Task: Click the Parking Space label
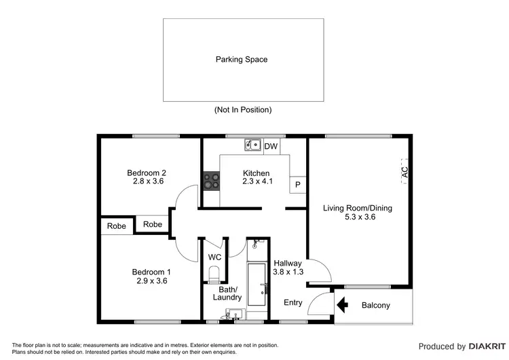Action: (242, 60)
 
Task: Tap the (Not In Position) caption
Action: (242, 110)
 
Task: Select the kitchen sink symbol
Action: (253, 145)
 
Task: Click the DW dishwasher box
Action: (271, 146)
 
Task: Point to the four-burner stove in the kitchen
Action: (211, 181)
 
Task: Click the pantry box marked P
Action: (297, 185)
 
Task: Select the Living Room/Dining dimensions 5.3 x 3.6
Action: (358, 217)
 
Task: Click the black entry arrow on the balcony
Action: (343, 305)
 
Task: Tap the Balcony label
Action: (375, 306)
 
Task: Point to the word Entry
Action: (293, 303)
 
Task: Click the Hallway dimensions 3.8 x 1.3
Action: (288, 272)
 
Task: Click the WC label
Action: (214, 257)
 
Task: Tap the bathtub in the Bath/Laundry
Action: (258, 285)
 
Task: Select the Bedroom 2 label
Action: (150, 173)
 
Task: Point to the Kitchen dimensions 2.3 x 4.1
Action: (257, 182)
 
